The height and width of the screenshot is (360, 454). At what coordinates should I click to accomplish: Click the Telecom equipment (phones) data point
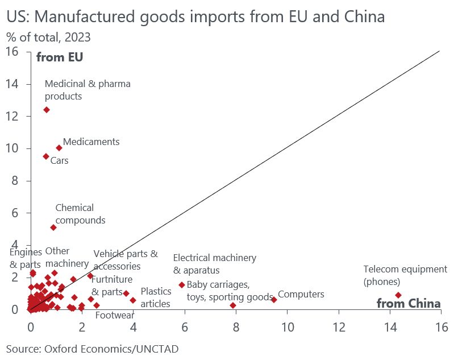click(x=398, y=295)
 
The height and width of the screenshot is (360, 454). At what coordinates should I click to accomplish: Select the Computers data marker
click(x=274, y=300)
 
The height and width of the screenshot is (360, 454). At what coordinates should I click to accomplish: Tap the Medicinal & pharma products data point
click(x=47, y=110)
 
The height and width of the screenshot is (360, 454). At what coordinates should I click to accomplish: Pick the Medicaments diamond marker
click(x=59, y=148)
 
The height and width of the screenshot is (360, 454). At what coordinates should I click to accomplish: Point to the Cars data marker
click(x=46, y=156)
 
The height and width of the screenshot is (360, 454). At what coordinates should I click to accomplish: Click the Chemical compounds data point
click(x=53, y=227)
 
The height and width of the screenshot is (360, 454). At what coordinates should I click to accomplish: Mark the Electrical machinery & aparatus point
click(x=182, y=285)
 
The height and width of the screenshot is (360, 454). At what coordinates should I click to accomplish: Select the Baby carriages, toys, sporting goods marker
click(x=233, y=305)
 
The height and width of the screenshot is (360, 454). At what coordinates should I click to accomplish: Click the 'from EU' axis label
click(x=60, y=57)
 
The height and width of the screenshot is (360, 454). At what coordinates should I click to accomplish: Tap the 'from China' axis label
click(x=409, y=304)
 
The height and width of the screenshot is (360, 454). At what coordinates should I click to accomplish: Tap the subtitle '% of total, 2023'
click(x=48, y=38)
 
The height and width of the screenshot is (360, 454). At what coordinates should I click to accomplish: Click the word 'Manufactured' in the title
click(x=93, y=17)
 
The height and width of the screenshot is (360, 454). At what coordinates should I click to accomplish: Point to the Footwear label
click(x=114, y=316)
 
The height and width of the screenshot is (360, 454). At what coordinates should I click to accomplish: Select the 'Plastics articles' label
click(x=156, y=297)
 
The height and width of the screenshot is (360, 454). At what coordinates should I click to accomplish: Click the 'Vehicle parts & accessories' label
click(x=126, y=260)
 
